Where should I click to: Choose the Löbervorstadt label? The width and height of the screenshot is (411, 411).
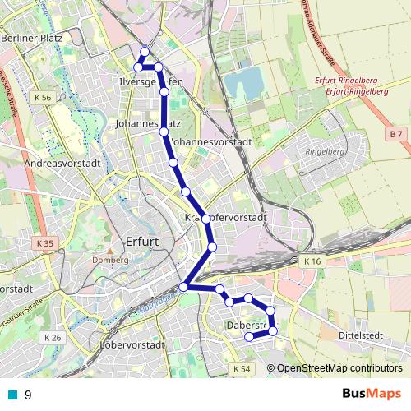point(133,344)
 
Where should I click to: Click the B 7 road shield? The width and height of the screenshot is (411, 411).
point(396,133)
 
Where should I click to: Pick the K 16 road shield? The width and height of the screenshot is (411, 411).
point(311,261)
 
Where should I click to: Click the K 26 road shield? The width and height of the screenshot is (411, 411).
point(53,338)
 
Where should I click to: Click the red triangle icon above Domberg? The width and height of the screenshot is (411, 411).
point(109,248)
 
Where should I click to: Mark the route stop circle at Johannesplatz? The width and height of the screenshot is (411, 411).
point(164,132)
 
